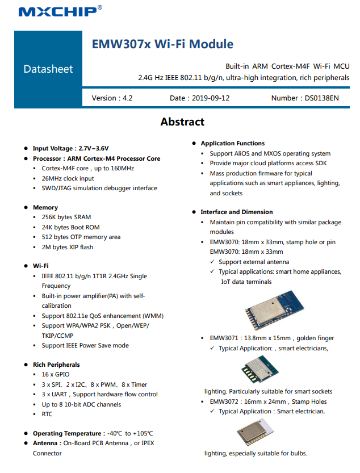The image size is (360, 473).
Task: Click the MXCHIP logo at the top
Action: coord(60,11)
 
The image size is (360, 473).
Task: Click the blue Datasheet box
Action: coord(48,69)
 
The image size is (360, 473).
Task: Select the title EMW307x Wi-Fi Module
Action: coord(162,44)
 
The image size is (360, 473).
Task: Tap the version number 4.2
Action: coord(127,98)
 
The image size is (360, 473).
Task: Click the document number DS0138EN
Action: coord(320,98)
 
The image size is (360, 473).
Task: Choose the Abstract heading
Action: coord(182,122)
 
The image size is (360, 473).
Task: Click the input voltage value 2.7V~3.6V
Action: coord(94,148)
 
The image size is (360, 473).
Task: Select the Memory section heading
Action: coord(45,208)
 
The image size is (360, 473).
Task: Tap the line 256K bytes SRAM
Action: coord(66,217)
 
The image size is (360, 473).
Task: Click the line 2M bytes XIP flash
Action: coord(67,247)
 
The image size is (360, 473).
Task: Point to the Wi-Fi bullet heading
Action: coord(40,266)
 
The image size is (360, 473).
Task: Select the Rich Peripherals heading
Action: coord(56,365)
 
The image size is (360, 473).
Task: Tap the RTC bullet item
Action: coord(47,414)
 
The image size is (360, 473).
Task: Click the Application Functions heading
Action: coord(233,143)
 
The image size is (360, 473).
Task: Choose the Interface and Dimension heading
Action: coord(237,212)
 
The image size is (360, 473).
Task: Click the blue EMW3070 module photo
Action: coord(274,309)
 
